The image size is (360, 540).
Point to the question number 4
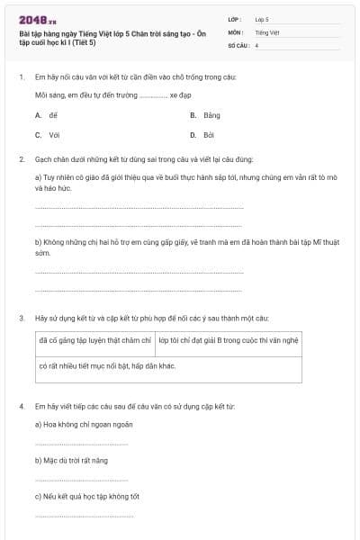click(x=21, y=407)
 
